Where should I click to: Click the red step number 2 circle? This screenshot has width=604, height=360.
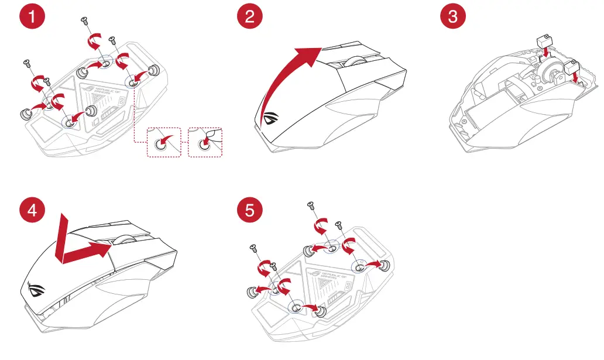tap(250, 16)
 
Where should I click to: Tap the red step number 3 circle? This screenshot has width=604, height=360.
tap(453, 16)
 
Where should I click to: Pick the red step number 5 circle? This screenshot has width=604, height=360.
tap(250, 210)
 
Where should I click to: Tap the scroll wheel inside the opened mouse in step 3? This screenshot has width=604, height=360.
tap(551, 77)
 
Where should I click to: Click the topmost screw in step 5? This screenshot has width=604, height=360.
tap(310, 204)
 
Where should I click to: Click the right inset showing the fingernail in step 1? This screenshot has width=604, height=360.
tap(207, 142)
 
